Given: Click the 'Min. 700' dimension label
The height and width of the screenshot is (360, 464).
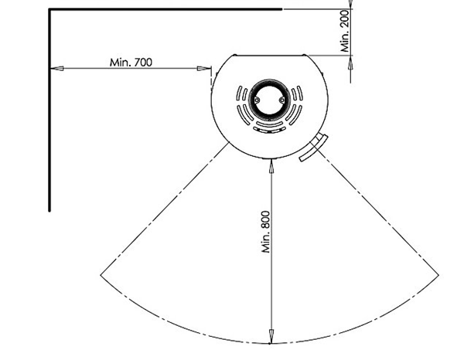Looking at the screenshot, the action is pyautogui.click(x=131, y=63).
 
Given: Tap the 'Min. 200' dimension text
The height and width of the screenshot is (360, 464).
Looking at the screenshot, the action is pyautogui.click(x=345, y=31).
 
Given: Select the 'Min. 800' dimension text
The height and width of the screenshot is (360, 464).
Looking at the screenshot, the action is pyautogui.click(x=266, y=232).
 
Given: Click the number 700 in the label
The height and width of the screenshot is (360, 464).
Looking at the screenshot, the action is pyautogui.click(x=143, y=63).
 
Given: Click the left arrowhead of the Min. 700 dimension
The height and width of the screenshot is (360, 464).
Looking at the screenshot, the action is pyautogui.click(x=57, y=69).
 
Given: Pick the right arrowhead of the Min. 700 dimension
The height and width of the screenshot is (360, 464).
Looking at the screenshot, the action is pyautogui.click(x=204, y=69).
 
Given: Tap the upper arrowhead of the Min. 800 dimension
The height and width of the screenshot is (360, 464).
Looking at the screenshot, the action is pyautogui.click(x=271, y=166).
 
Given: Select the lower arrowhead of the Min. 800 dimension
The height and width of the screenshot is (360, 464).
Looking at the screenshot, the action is pyautogui.click(x=270, y=336).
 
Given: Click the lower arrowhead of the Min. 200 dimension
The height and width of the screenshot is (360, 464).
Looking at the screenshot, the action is pyautogui.click(x=350, y=63).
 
